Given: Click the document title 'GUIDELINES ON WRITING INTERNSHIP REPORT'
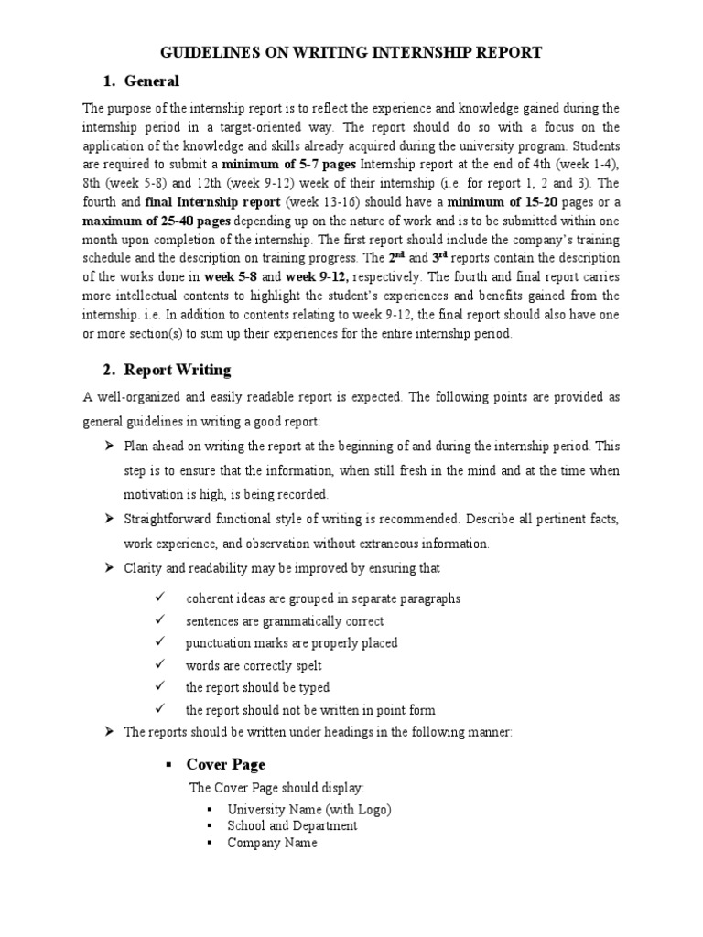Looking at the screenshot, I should (x=351, y=54).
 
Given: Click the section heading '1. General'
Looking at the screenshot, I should (x=141, y=81).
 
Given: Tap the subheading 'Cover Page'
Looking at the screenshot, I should (x=225, y=764).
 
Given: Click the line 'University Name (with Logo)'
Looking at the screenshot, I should (x=310, y=809).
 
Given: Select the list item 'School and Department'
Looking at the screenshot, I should (x=292, y=825).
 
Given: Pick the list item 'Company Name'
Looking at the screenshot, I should (x=272, y=842).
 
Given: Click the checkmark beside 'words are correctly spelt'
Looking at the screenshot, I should (x=159, y=664).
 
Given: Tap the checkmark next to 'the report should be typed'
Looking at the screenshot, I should (x=159, y=686).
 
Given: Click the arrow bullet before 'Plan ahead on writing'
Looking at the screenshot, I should (x=108, y=446).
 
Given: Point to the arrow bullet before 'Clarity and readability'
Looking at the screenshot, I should (x=108, y=568).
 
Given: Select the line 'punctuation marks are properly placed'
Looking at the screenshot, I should (x=291, y=642).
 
